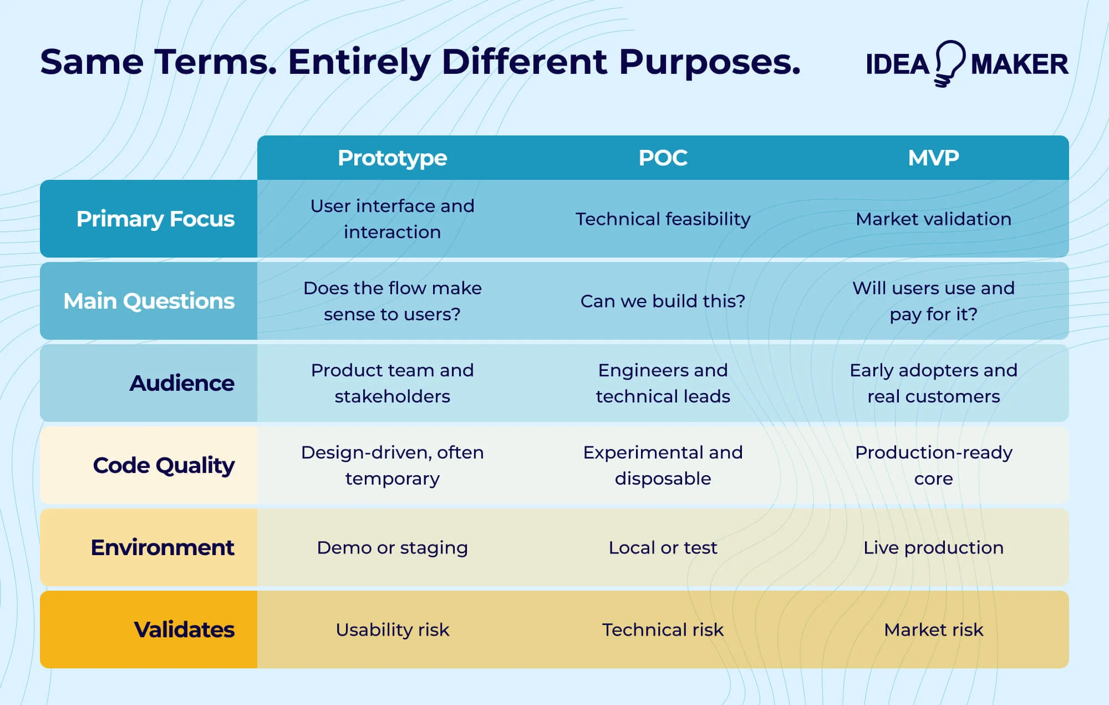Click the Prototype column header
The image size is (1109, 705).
tap(392, 158)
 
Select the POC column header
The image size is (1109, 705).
tap(663, 158)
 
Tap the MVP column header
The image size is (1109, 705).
tap(933, 158)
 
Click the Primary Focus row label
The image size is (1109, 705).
tap(155, 219)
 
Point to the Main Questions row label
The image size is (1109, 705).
tap(149, 301)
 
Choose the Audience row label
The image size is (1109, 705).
tap(182, 383)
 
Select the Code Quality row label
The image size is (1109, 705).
tap(164, 465)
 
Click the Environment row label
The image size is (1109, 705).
tap(162, 547)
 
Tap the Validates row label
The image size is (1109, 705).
tap(184, 630)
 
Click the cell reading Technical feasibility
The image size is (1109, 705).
tap(663, 219)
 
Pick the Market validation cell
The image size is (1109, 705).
tap(933, 219)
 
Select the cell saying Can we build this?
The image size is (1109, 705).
tap(663, 301)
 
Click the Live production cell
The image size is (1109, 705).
tap(933, 547)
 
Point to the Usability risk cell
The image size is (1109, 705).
tap(392, 630)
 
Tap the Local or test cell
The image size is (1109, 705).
tap(663, 547)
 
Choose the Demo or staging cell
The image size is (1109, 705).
tap(392, 547)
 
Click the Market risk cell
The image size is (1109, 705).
tap(933, 630)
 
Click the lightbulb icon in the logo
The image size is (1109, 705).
tap(950, 63)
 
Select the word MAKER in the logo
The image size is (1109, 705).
tap(1019, 64)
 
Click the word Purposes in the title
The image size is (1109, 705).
tap(710, 62)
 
